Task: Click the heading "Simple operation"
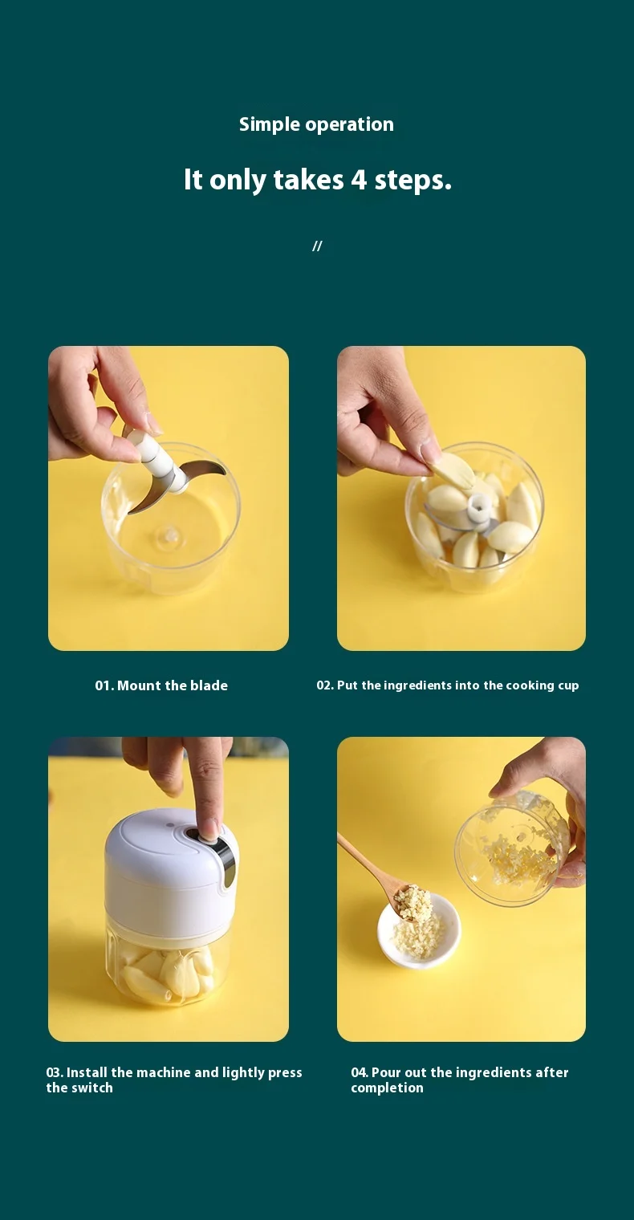pos(316,124)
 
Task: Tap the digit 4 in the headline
pos(359,180)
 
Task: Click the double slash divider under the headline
pos(317,246)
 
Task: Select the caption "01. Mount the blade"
pos(161,685)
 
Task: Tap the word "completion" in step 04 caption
pos(388,1088)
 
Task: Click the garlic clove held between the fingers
pos(453,470)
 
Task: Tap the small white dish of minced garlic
pos(419,931)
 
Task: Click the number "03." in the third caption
pos(55,1072)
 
